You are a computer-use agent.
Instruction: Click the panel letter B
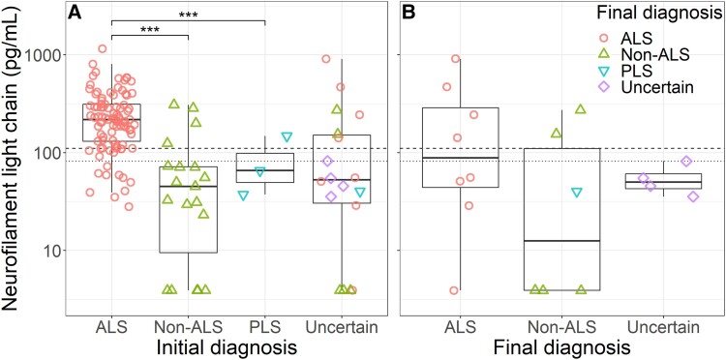pos(410,13)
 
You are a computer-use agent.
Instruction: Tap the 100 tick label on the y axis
pos(59,153)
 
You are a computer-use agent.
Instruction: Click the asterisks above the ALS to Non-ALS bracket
pos(149,30)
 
